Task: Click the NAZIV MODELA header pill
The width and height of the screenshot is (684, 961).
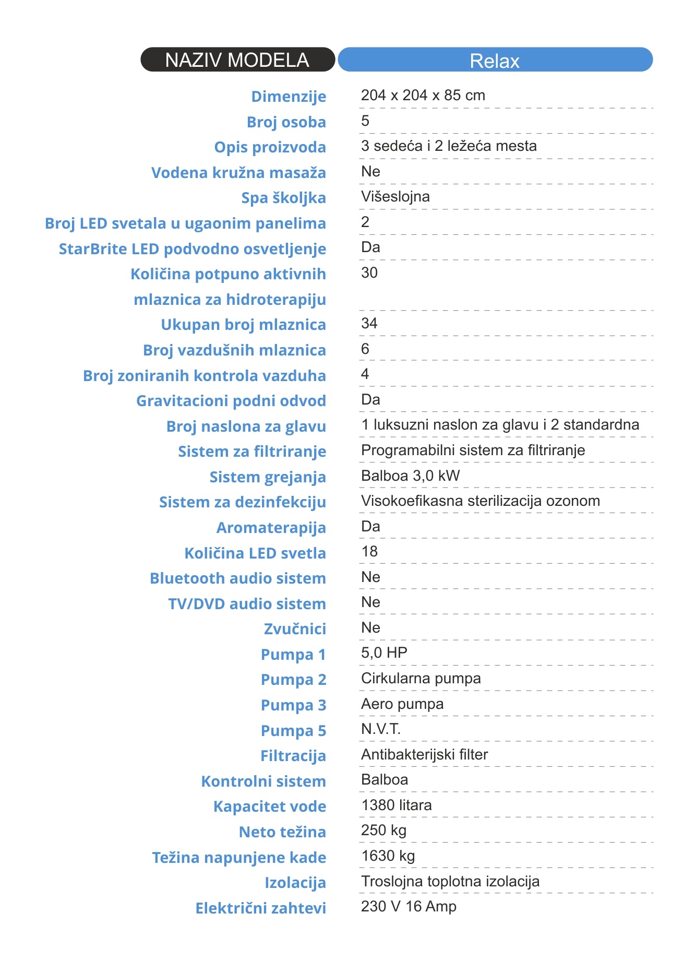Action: [x=237, y=60]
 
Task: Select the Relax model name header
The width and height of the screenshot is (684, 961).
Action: [x=495, y=60]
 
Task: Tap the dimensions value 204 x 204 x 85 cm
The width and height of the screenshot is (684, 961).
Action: [x=423, y=95]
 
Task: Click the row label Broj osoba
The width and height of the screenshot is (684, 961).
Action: [x=286, y=122]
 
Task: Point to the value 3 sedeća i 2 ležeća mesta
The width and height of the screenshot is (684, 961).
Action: [x=449, y=146]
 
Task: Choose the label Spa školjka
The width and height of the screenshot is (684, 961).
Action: [x=283, y=198]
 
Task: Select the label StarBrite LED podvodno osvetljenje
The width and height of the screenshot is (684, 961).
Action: [x=192, y=249]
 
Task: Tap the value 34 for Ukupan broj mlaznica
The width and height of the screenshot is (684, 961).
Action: [x=369, y=323]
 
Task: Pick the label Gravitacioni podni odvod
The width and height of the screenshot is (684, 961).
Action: [x=231, y=401]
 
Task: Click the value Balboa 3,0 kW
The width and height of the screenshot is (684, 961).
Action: [x=411, y=476]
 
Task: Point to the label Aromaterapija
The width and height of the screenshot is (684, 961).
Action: [x=271, y=528]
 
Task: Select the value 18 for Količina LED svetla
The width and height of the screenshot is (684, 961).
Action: [x=369, y=551]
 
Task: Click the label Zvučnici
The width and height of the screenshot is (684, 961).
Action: [x=295, y=629]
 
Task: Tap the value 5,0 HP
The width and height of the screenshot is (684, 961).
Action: [x=384, y=652]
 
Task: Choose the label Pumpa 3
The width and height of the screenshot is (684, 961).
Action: [x=293, y=705]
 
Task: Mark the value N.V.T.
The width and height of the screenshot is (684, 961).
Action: [x=381, y=729]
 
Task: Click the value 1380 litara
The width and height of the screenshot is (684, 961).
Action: [x=397, y=805]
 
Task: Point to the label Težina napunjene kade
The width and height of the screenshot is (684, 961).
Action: [x=239, y=858]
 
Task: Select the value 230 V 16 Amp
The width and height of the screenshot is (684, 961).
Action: [x=409, y=906]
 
